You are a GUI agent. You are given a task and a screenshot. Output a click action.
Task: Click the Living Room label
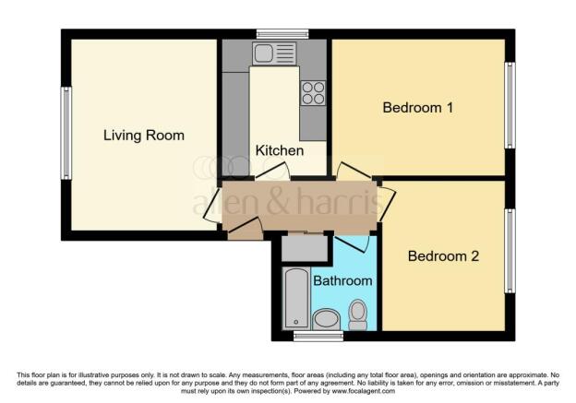[143, 136]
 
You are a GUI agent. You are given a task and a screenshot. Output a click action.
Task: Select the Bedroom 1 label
[417, 108]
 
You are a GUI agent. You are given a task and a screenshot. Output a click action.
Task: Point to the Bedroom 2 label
[443, 255]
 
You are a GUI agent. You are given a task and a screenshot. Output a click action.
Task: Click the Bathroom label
[342, 279]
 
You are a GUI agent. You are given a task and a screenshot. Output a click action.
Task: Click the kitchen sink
[273, 53]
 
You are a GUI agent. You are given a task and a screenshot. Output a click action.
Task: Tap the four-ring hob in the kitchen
[313, 93]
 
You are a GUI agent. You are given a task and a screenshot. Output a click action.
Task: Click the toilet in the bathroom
[357, 315]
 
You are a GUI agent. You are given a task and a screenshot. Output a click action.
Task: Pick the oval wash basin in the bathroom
[326, 320]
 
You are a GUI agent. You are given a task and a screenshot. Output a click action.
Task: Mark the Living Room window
[66, 133]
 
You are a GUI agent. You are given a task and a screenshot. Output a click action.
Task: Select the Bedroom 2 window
[509, 251]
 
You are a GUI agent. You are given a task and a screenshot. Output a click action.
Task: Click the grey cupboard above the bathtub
[304, 247]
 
